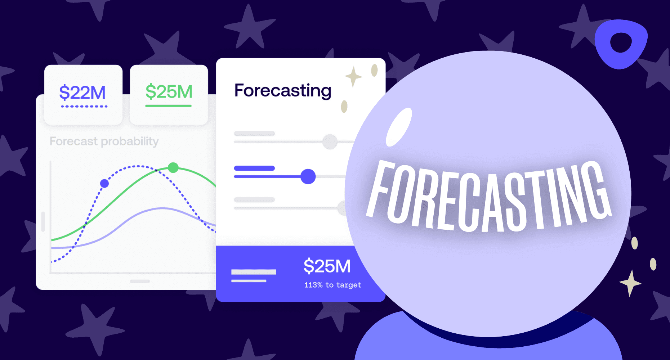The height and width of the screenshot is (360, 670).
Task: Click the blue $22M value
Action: (x=82, y=93)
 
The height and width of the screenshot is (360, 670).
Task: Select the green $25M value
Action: (x=169, y=91)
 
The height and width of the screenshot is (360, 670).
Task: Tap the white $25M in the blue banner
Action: (x=327, y=266)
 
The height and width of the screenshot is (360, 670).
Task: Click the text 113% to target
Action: (x=332, y=285)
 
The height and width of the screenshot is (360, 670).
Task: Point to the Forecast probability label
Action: (x=104, y=141)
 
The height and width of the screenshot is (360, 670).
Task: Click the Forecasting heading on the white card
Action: (x=283, y=91)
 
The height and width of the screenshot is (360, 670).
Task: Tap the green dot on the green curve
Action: (x=173, y=167)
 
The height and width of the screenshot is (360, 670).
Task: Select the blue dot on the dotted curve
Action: (x=104, y=184)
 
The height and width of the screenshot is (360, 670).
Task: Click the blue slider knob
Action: (x=308, y=176)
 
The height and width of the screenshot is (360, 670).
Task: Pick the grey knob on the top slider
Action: (x=330, y=142)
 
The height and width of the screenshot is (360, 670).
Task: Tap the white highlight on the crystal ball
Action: (x=398, y=127)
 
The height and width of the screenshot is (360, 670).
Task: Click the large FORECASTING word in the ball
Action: (x=488, y=196)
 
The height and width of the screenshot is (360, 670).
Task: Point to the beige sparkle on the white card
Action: (x=353, y=77)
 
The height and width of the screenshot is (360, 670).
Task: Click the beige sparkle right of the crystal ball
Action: (x=630, y=283)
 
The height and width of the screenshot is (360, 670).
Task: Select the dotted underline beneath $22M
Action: (x=84, y=107)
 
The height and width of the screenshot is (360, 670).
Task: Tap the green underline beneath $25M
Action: (x=168, y=106)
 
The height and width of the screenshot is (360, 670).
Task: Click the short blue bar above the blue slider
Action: (x=254, y=168)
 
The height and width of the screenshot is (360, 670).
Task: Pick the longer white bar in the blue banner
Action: (x=254, y=272)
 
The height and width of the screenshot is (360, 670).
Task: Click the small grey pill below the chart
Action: (x=140, y=281)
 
